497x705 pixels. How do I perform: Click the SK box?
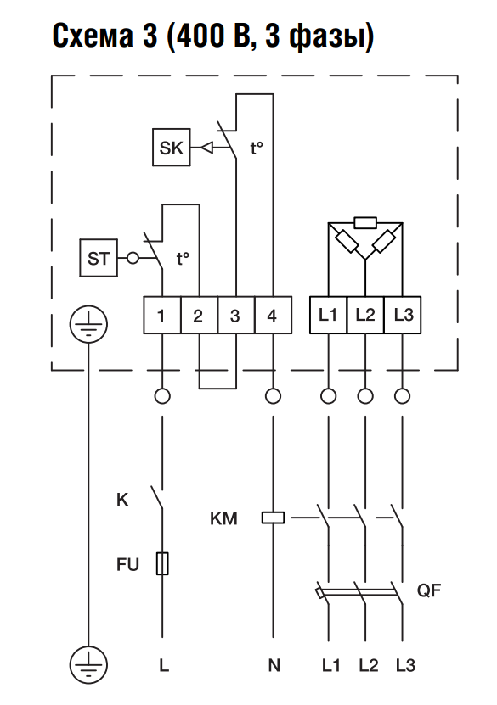pyautogui.click(x=171, y=148)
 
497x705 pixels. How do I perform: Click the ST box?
pyautogui.click(x=99, y=258)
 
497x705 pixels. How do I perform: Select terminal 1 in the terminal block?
pyautogui.click(x=162, y=316)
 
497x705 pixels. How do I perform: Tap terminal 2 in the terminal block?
pyautogui.click(x=199, y=316)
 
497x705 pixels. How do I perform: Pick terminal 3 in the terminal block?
pyautogui.click(x=236, y=316)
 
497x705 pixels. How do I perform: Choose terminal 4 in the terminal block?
pyautogui.click(x=273, y=316)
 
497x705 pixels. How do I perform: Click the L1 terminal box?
pyautogui.click(x=328, y=316)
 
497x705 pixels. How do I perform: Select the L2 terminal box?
pyautogui.click(x=365, y=316)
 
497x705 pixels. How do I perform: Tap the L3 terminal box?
pyautogui.click(x=403, y=316)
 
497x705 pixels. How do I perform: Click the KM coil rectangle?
pyautogui.click(x=273, y=518)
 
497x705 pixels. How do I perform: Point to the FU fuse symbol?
pyautogui.click(x=162, y=563)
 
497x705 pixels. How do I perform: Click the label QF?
pyautogui.click(x=428, y=590)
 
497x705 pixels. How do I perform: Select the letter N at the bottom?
pyautogui.click(x=274, y=665)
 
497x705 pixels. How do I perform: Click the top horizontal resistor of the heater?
pyautogui.click(x=365, y=222)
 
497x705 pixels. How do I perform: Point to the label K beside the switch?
pyautogui.click(x=122, y=500)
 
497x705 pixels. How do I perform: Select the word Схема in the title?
pyautogui.click(x=93, y=36)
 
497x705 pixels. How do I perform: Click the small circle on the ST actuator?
pyautogui.click(x=133, y=259)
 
